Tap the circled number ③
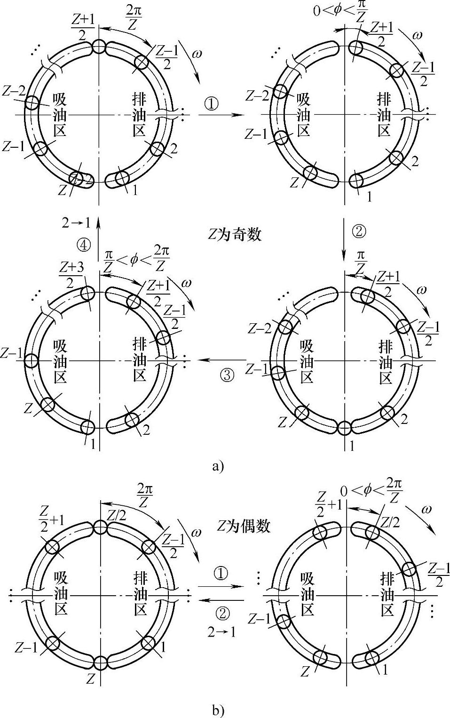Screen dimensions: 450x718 227,375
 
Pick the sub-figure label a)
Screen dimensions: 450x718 218,466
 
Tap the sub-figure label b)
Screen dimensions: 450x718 218,710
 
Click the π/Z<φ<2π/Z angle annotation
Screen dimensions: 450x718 136,259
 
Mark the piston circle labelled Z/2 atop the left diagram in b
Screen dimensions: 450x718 100,527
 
